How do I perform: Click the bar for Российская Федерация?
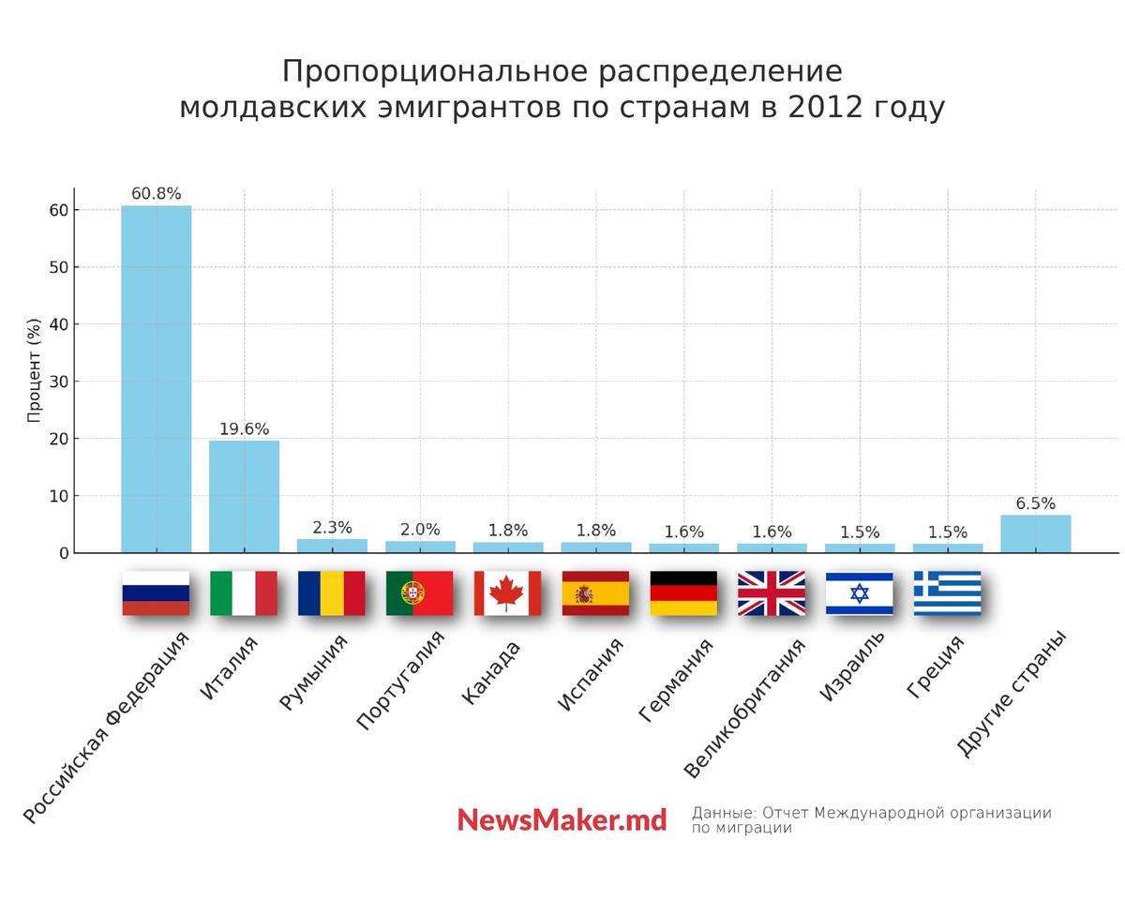point(156,379)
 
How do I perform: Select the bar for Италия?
point(244,496)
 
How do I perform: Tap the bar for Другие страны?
point(1035,533)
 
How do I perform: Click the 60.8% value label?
point(156,194)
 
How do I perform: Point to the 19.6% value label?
point(244,429)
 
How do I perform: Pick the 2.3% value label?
point(332,528)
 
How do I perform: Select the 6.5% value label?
point(1035,503)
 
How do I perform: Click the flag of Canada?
point(507,593)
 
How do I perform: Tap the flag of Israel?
point(859,593)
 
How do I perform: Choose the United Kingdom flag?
point(771,593)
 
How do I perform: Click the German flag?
point(683,593)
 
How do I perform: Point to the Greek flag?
point(947,593)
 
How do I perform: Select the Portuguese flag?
point(419,593)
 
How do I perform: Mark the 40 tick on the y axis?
point(59,324)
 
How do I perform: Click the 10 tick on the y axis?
point(59,496)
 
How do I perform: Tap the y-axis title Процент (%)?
point(35,370)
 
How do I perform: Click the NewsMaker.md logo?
point(562,820)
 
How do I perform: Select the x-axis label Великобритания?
point(745,709)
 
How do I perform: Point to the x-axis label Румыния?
point(314,672)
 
